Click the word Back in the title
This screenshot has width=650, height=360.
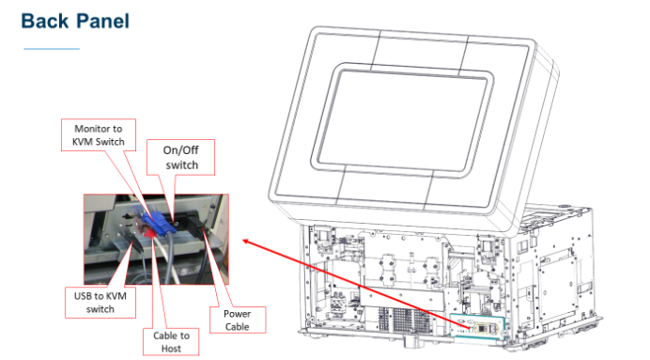(x=46, y=20)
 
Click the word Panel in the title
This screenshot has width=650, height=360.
(x=102, y=20)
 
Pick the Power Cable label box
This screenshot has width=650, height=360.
(x=240, y=319)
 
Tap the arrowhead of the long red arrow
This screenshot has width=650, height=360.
(x=245, y=242)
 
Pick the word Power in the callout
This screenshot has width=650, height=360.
(x=240, y=313)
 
